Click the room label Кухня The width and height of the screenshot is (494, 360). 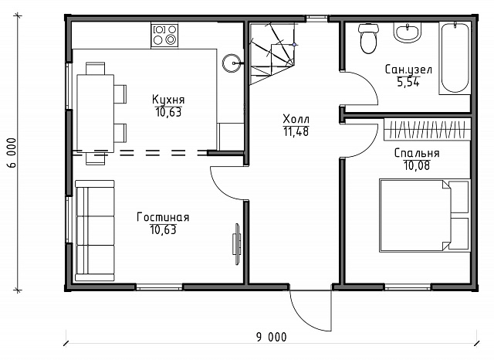coord(168,100)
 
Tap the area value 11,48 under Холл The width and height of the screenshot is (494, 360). coord(296,131)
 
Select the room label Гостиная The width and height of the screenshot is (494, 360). coord(163,217)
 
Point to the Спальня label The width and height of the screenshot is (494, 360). coord(417,153)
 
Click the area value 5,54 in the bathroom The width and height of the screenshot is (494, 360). coord(408,83)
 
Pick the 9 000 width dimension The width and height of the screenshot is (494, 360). coord(272,337)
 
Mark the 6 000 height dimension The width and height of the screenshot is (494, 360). coord(12,153)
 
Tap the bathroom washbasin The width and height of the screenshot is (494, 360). coord(408,32)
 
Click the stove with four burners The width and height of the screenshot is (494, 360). coord(164,35)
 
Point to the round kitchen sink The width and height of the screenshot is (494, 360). coord(232,63)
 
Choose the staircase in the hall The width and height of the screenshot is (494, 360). coord(272,53)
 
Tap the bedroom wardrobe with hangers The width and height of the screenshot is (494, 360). coord(427,129)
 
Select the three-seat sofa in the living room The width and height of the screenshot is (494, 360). coord(95,231)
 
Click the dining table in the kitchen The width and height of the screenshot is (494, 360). coord(96,113)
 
